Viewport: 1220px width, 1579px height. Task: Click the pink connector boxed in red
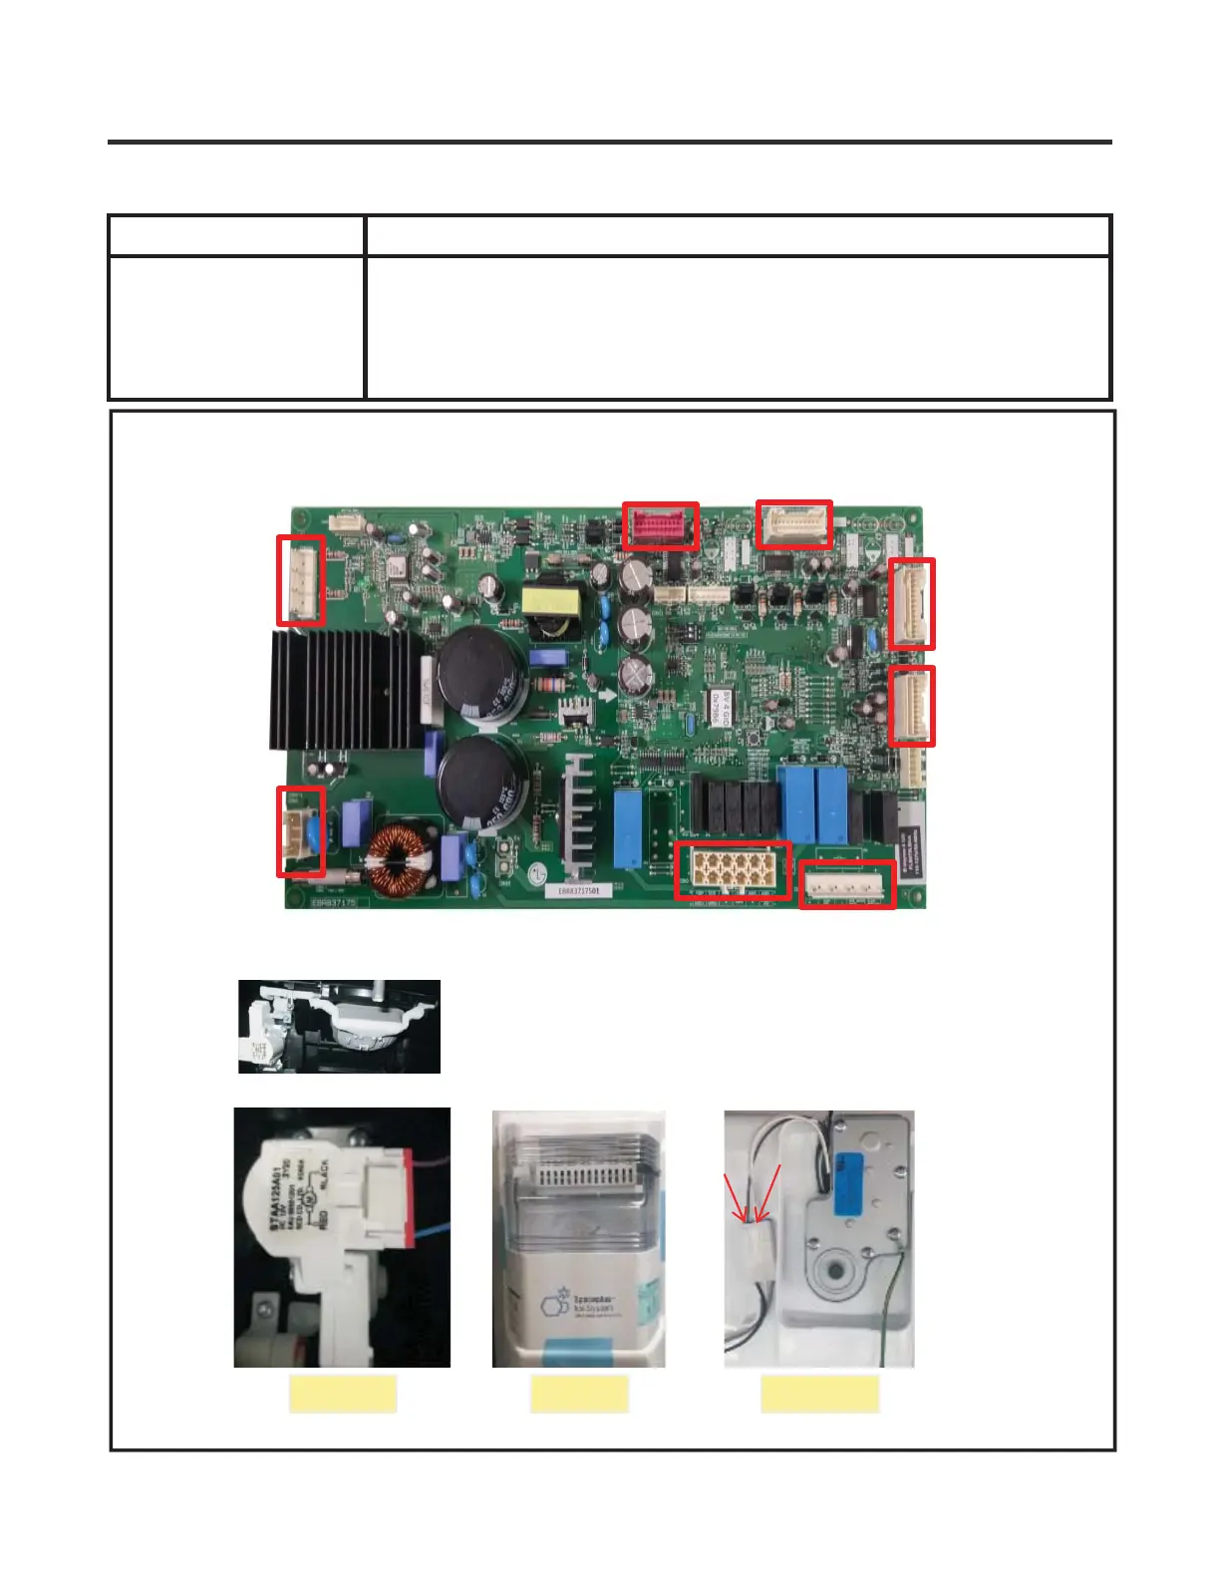(x=660, y=525)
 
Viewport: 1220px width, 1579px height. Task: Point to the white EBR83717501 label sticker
(x=578, y=890)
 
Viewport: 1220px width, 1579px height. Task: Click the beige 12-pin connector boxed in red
(x=733, y=870)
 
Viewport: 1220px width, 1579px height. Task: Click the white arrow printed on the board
(x=606, y=695)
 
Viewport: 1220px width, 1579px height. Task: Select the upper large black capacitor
(x=481, y=678)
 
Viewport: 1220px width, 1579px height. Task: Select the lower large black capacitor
(x=481, y=780)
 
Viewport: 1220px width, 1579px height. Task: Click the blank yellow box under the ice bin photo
(x=579, y=1394)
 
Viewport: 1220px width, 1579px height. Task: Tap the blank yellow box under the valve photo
(x=343, y=1394)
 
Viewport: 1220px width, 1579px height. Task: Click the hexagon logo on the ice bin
(x=553, y=1303)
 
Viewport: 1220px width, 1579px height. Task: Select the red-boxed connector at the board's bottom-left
(x=300, y=831)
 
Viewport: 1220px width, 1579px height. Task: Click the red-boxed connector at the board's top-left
(x=300, y=580)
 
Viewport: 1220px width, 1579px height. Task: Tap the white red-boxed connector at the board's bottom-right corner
(x=846, y=883)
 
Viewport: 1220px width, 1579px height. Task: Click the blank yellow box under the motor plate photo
(x=819, y=1394)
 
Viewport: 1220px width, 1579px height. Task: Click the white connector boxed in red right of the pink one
(x=793, y=524)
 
